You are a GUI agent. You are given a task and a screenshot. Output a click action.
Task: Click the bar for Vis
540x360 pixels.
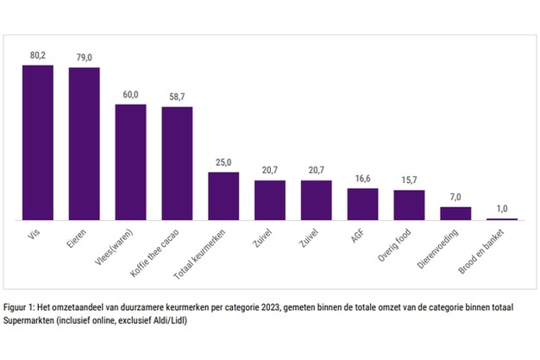[38, 142]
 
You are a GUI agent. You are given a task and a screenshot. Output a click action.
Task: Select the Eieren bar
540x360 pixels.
[85, 143]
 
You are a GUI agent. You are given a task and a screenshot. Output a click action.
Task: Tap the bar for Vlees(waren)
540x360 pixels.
[131, 162]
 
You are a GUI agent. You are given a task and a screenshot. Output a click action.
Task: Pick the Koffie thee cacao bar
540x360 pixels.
[177, 163]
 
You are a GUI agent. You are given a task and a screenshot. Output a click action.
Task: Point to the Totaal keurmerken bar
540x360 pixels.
[223, 196]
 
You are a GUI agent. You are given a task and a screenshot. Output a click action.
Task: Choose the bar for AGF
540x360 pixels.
[362, 204]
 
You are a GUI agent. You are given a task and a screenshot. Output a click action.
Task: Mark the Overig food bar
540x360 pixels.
[409, 205]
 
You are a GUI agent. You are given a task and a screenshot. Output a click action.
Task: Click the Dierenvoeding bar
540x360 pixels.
[455, 213]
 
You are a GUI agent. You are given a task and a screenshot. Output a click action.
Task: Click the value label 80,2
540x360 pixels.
[38, 56]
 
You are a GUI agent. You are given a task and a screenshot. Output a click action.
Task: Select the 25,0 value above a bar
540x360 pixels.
[223, 163]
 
